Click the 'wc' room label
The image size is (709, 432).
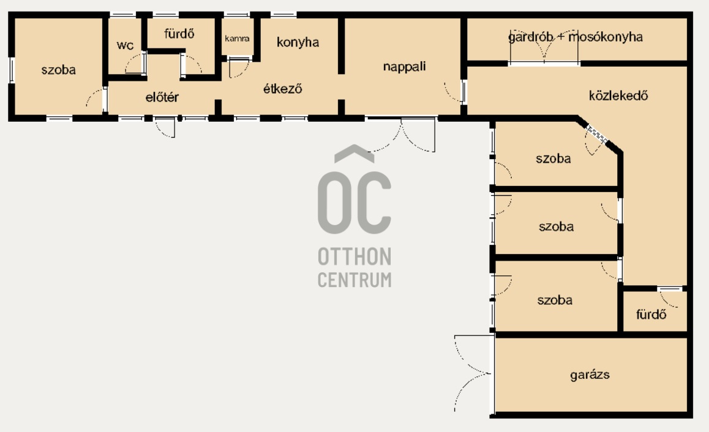click(125, 45)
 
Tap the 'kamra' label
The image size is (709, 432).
click(237, 39)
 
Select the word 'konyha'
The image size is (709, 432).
click(298, 42)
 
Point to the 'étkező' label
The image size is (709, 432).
click(282, 89)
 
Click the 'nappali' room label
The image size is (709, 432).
click(404, 67)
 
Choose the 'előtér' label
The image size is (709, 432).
click(162, 97)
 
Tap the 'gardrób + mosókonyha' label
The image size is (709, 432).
click(575, 37)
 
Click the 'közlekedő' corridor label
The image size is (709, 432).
click(618, 95)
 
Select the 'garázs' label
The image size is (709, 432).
click(590, 374)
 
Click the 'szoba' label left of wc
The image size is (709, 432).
click(58, 70)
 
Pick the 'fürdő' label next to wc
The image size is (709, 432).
click(179, 34)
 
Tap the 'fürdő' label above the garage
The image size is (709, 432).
click(651, 314)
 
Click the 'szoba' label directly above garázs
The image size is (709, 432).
click(555, 300)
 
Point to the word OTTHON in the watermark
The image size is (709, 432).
click(354, 256)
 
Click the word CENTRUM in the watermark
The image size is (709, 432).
click(354, 280)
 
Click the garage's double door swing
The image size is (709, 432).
click(473, 373)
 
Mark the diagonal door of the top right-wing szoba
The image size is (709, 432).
click(596, 135)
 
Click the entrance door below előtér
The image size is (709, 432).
click(165, 127)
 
